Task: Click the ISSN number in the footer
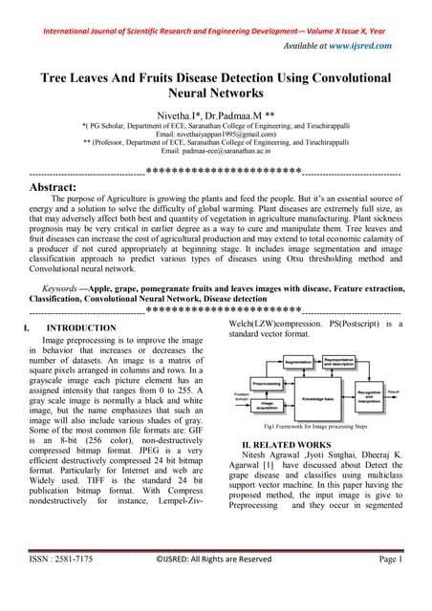point(61,585)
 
